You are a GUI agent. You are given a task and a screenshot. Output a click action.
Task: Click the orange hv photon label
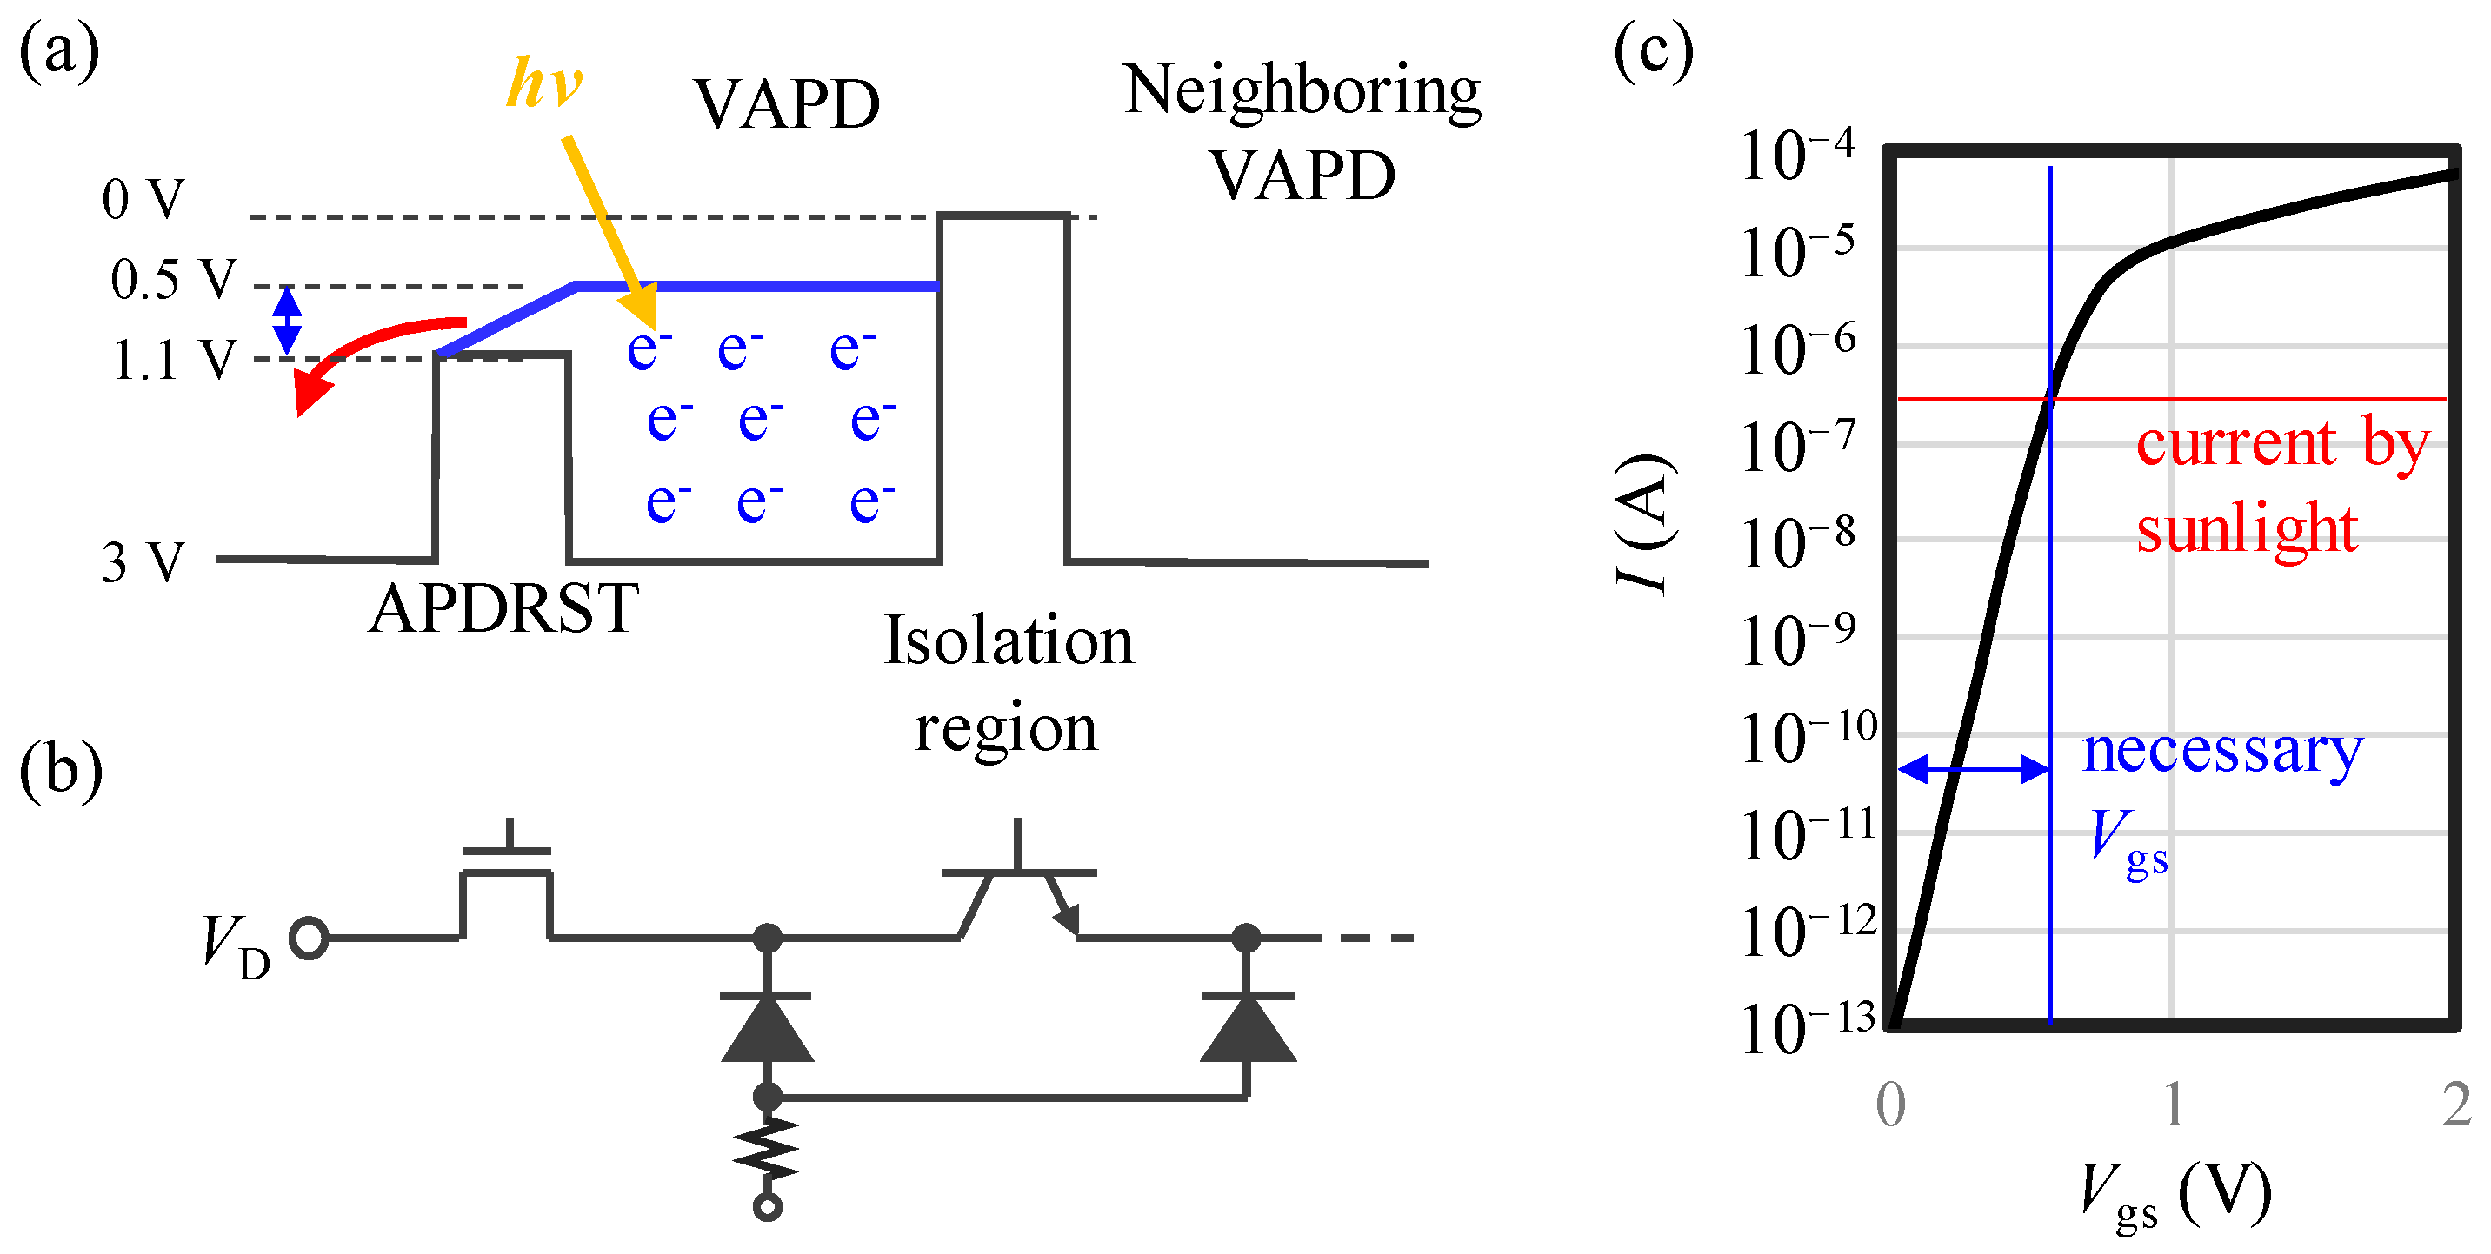[544, 83]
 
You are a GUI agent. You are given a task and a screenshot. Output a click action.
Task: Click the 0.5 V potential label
[173, 280]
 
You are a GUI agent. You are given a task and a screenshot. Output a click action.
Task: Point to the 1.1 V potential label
[173, 361]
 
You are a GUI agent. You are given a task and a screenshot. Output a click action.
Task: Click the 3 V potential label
[143, 561]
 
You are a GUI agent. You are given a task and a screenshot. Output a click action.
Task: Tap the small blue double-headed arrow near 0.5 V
[286, 321]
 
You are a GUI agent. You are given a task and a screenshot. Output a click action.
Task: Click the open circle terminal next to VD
[310, 938]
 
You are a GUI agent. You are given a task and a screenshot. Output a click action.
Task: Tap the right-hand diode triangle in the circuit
[1248, 1030]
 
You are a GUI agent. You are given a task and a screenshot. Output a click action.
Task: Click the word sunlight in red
[2247, 530]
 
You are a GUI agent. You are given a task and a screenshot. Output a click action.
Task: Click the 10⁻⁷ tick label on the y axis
[1796, 447]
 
